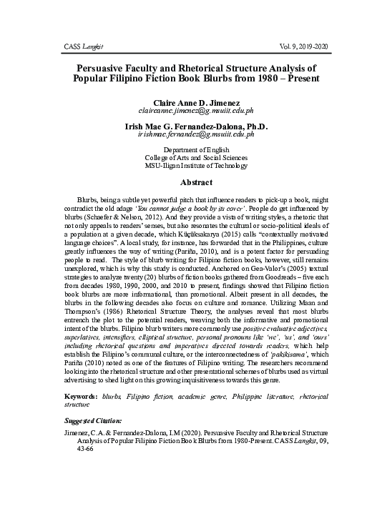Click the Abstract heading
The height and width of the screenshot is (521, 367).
185,183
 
